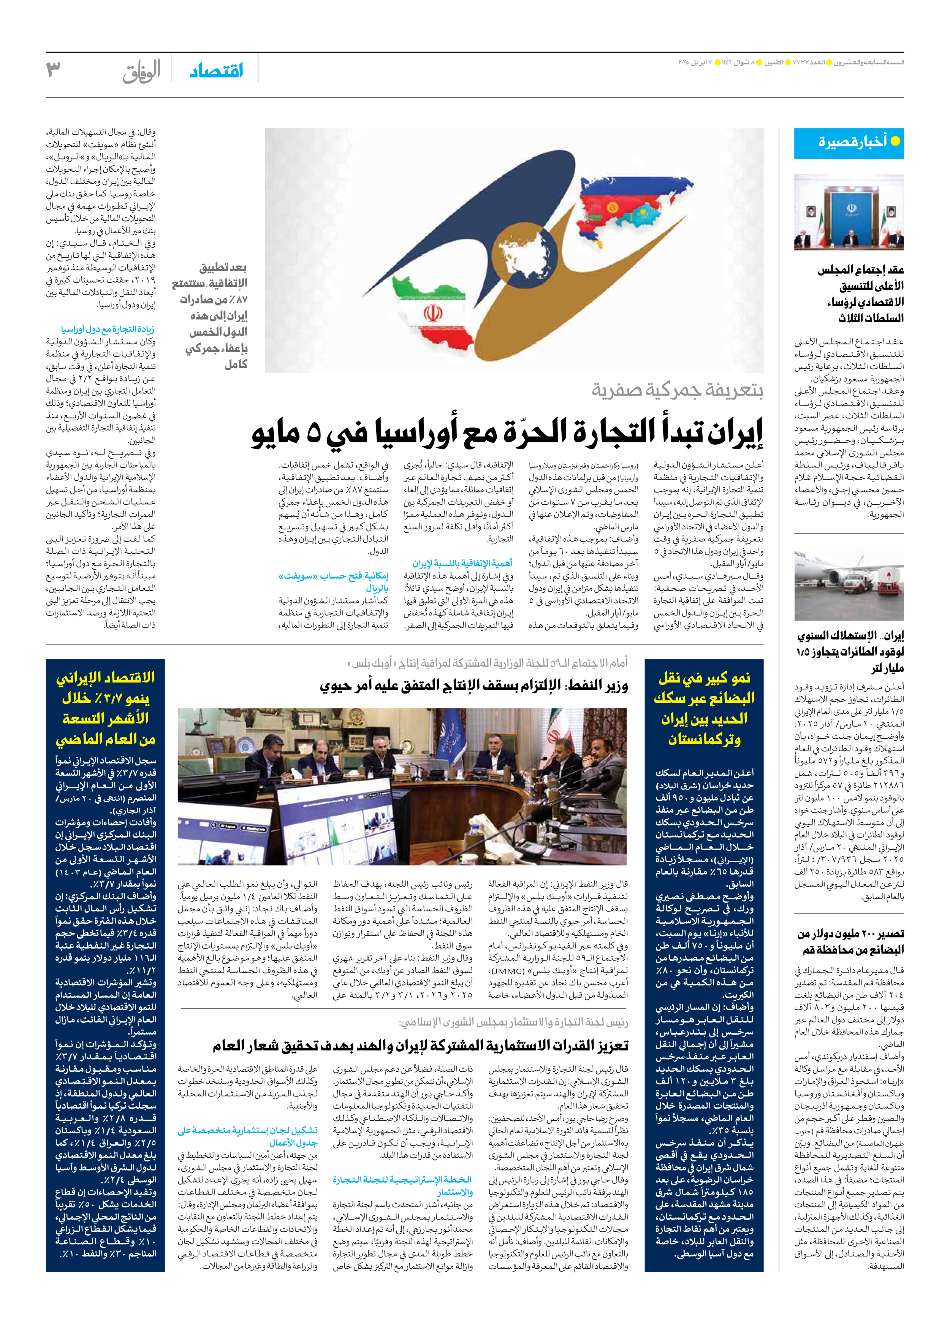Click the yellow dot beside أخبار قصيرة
tap(895, 141)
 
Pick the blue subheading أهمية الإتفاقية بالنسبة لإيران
tap(462, 563)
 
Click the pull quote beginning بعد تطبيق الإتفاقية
tap(212, 315)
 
